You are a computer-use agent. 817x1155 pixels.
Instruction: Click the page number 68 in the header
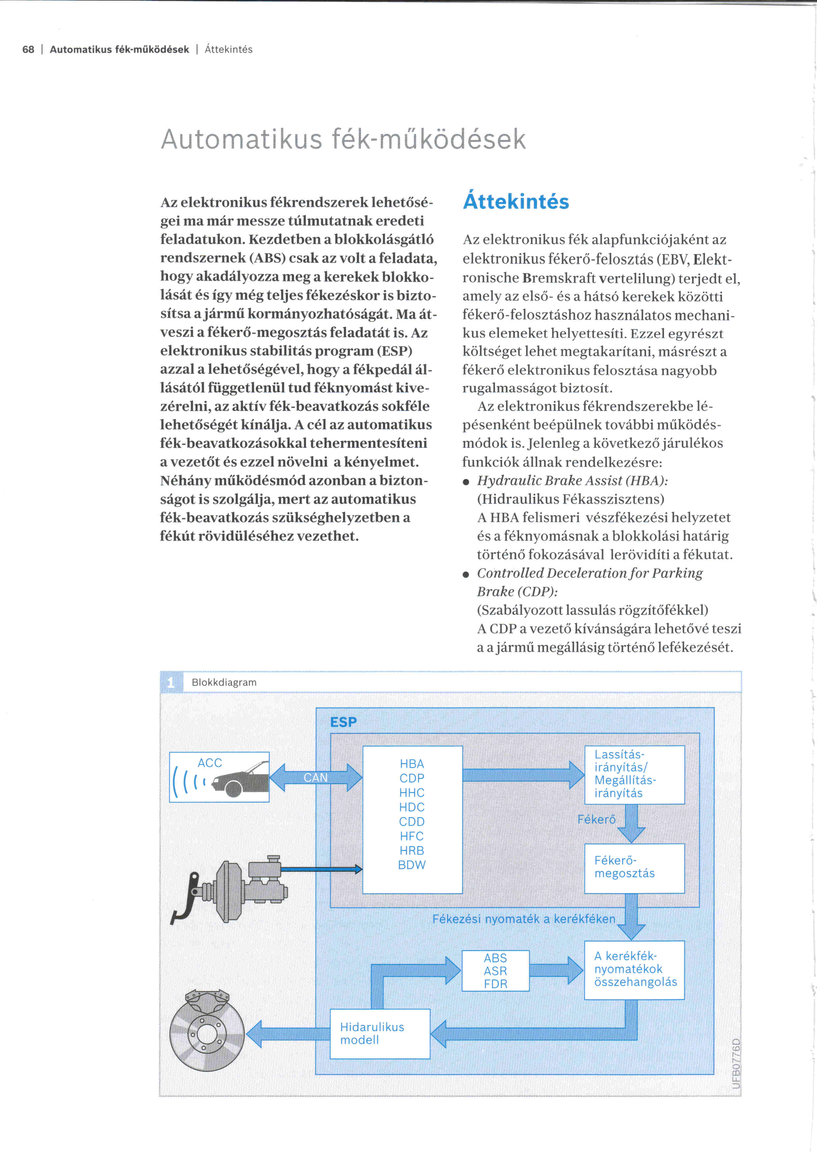[x=28, y=49]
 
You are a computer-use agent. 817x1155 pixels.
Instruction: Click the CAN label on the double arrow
[x=315, y=777]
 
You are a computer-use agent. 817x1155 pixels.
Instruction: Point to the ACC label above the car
[x=210, y=763]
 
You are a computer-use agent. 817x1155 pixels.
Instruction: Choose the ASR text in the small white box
[x=495, y=971]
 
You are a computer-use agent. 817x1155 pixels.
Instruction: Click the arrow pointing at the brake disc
[x=287, y=1034]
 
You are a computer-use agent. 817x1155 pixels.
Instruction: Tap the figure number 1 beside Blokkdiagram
[x=171, y=682]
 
